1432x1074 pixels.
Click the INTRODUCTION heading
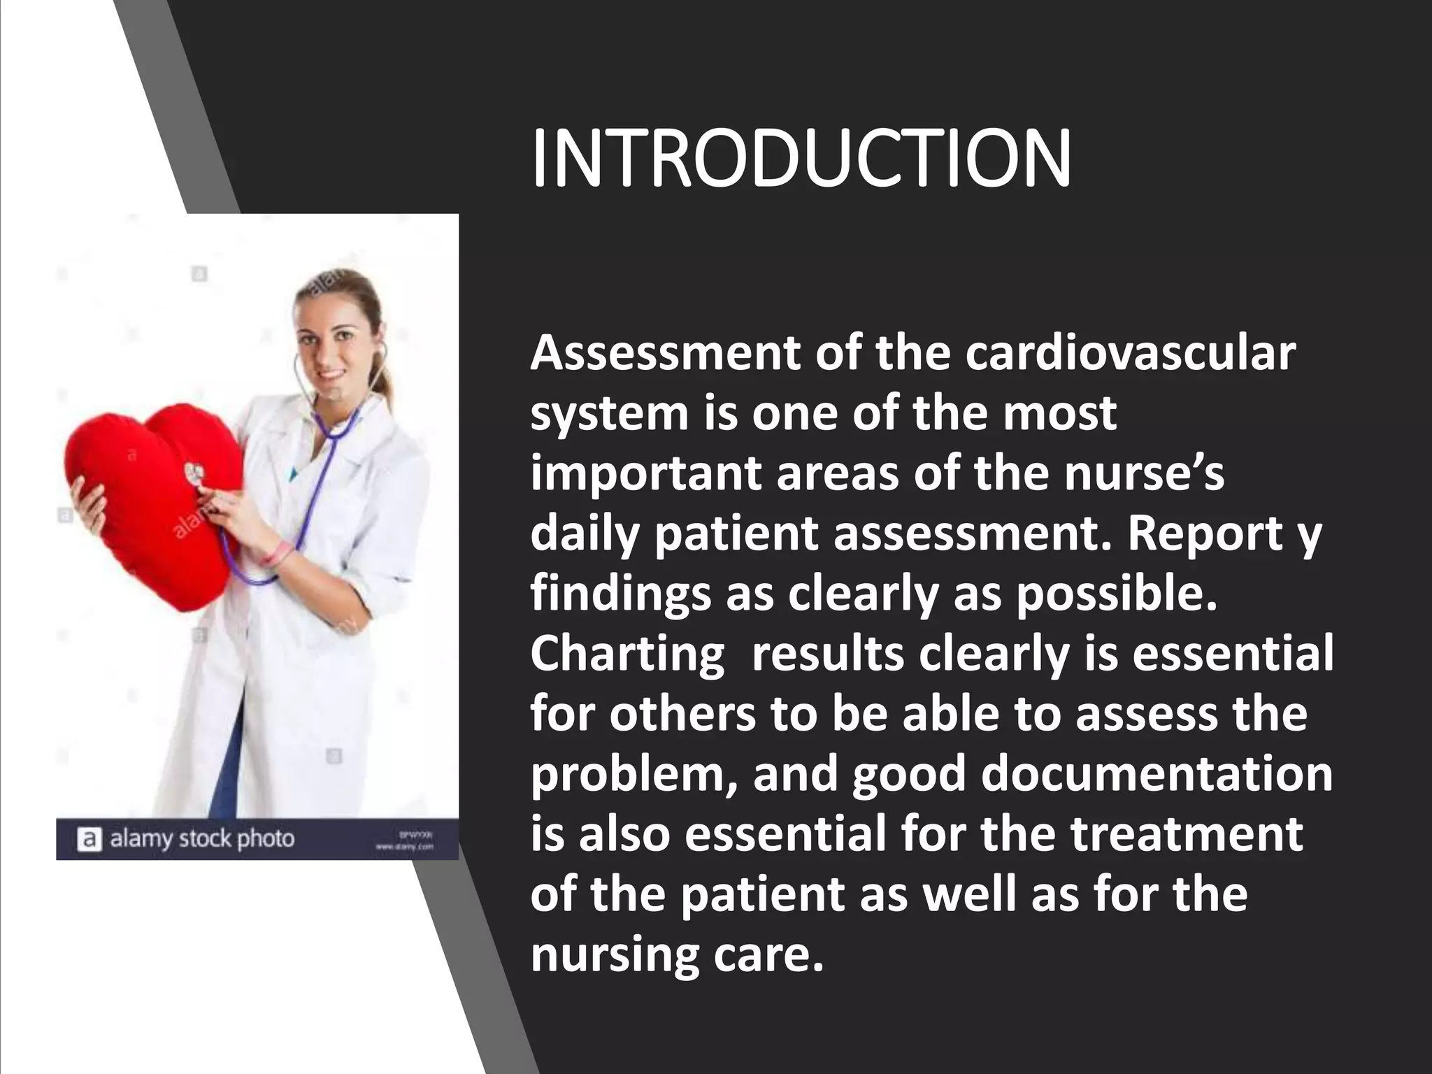801,159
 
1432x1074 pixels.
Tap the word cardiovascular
1131,354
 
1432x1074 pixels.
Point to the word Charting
627,654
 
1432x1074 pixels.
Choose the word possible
1117,594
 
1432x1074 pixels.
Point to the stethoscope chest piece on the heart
195,475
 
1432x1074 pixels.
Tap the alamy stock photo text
202,838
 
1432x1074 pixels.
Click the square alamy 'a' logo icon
89,839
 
